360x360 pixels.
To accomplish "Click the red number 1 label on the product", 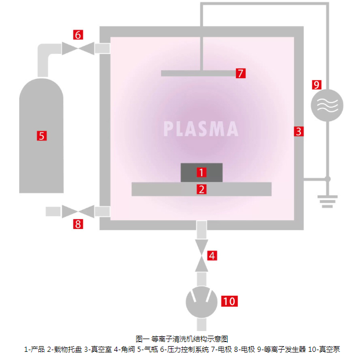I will click(201, 172).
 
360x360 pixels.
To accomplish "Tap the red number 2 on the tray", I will click(201, 189).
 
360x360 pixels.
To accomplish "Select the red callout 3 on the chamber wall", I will click(298, 131).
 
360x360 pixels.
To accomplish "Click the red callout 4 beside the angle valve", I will click(212, 255).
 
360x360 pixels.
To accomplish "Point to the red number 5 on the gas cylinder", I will click(42, 136).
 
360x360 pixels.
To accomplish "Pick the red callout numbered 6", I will click(78, 35).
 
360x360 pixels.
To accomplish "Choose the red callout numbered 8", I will click(78, 224).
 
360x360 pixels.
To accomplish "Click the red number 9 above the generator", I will click(316, 85).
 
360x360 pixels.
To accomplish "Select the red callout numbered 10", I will click(230, 301).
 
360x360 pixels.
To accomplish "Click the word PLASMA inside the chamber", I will click(201, 129).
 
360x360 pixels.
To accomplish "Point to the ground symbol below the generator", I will click(328, 201).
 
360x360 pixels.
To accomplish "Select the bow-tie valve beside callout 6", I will click(78, 48).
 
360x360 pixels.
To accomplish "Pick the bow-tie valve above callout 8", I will click(78, 211).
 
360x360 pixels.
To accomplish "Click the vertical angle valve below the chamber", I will click(201, 255).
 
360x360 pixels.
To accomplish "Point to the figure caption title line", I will click(181, 339).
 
